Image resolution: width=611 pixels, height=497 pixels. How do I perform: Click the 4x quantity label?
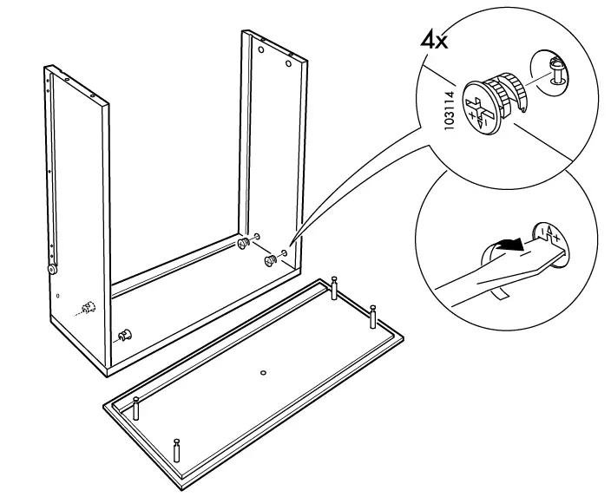coord(434,41)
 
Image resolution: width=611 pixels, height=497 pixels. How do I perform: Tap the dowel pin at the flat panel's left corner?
coord(136,407)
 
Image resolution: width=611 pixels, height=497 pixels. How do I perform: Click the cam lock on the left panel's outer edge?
coord(53,270)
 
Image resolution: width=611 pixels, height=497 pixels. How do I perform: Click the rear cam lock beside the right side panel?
coord(244,244)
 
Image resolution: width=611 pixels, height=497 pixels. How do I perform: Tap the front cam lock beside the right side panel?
coord(268,258)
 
